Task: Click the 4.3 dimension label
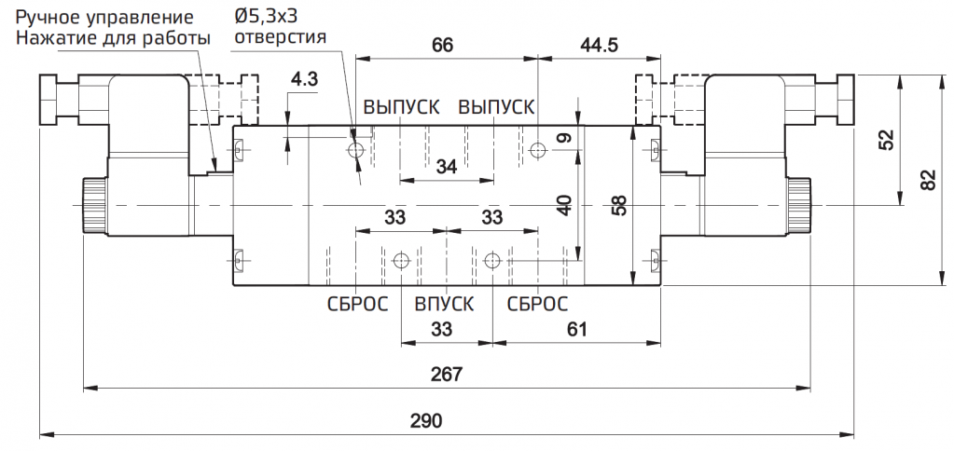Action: [304, 80]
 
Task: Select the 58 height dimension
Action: [618, 205]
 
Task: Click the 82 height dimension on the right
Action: [927, 180]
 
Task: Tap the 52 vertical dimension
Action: [889, 140]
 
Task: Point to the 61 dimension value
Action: [576, 330]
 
